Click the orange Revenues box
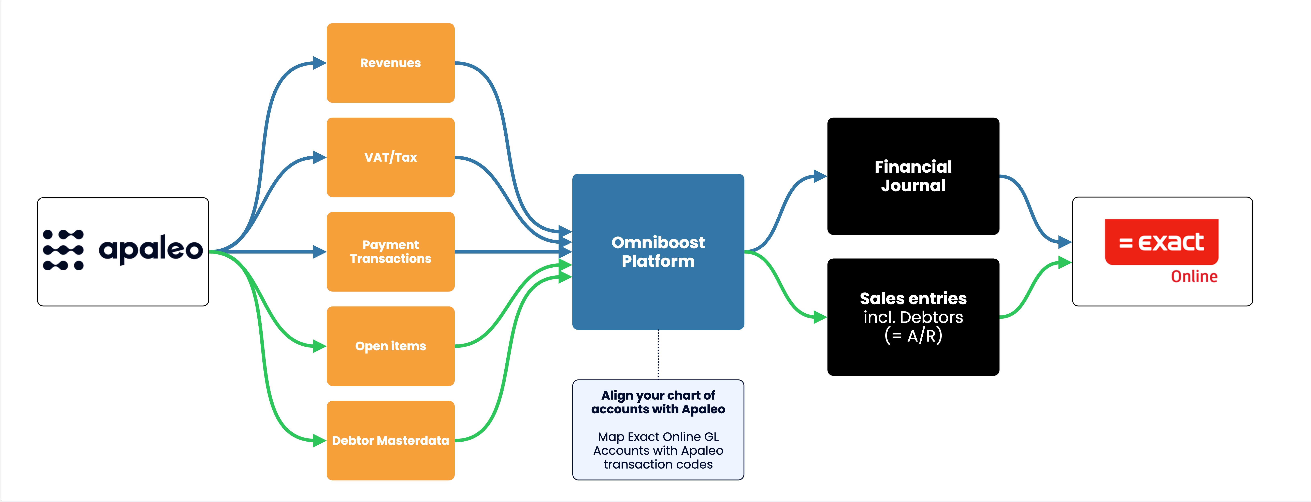pos(390,63)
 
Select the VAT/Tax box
pos(390,157)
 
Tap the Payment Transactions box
pos(390,252)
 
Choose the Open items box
pos(390,346)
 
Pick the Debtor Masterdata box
pos(390,440)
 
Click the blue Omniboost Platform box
pos(658,252)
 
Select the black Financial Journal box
pos(913,176)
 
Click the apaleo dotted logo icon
pos(63,250)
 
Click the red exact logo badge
pos(1161,242)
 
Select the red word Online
pos(1194,276)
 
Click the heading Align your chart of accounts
pos(658,402)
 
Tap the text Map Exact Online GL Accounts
pos(658,443)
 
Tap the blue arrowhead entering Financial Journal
pos(820,176)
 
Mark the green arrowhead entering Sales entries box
pos(820,317)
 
